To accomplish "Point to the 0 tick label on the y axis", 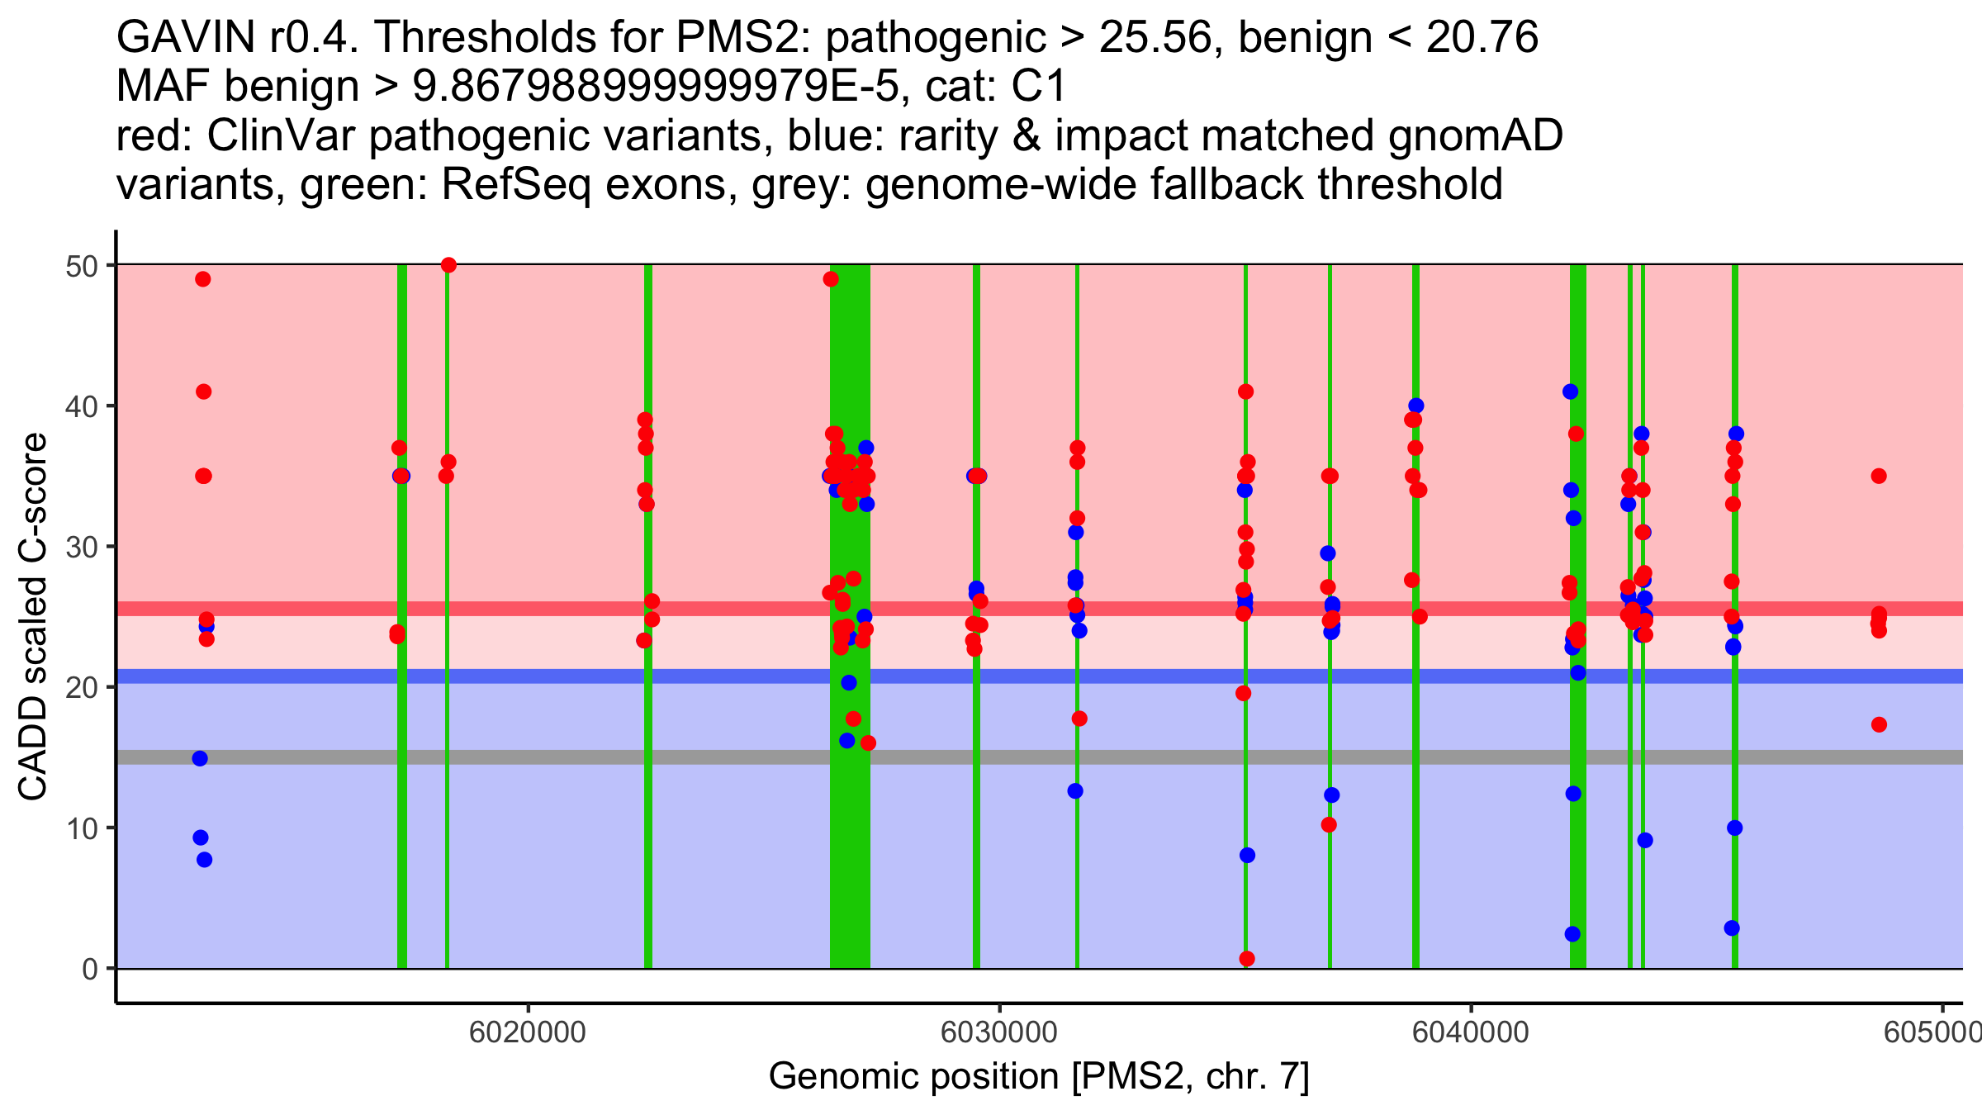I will (89, 969).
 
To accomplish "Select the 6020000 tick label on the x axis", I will (528, 1032).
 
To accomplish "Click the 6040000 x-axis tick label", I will (1471, 1032).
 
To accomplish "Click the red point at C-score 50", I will (448, 265).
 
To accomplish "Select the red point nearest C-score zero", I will (1247, 959).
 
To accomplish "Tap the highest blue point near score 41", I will (1571, 391).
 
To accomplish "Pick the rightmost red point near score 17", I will (1879, 724).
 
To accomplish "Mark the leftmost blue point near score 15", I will (200, 758).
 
